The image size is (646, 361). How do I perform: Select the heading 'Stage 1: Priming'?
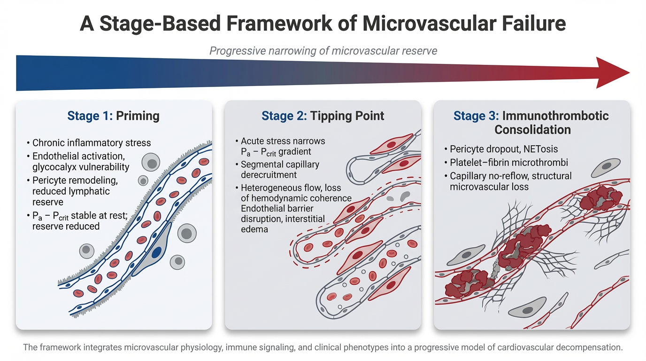click(114, 116)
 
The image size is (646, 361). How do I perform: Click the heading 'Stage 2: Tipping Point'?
click(323, 116)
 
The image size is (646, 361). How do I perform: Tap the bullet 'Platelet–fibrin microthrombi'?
click(509, 163)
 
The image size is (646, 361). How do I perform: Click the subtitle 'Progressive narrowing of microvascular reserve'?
click(323, 50)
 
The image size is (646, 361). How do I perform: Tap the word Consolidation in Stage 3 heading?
click(532, 129)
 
